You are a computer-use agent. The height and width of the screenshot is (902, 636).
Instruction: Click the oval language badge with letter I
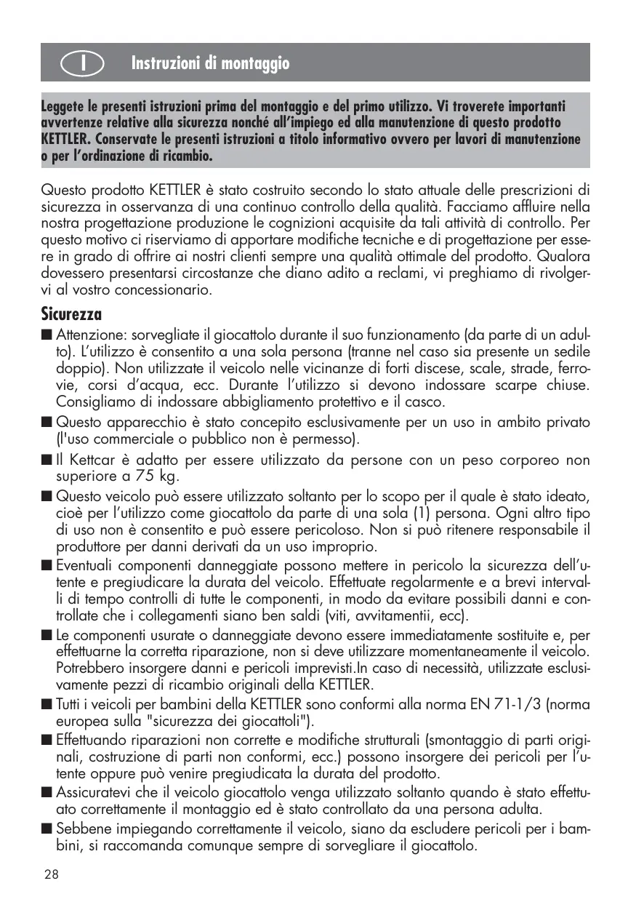pyautogui.click(x=86, y=63)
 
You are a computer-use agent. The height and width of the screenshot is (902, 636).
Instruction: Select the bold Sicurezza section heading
pyautogui.click(x=71, y=314)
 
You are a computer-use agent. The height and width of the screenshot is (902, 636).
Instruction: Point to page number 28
pyautogui.click(x=51, y=874)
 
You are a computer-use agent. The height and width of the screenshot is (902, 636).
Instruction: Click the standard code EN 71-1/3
pyautogui.click(x=507, y=704)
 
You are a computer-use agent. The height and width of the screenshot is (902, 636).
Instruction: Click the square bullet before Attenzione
pyautogui.click(x=47, y=335)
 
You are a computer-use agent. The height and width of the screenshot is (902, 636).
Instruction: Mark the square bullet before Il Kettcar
pyautogui.click(x=47, y=460)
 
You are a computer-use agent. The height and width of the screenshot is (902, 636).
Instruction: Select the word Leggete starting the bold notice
pyautogui.click(x=65, y=106)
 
